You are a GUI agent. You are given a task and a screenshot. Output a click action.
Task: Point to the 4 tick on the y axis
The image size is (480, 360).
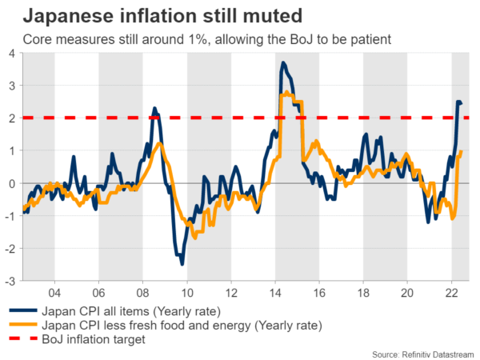click(10, 53)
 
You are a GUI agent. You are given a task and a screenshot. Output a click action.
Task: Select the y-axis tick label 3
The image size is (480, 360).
click(10, 86)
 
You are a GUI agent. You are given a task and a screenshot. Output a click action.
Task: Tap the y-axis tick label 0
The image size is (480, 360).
click(10, 183)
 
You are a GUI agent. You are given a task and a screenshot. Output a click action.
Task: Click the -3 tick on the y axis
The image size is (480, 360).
click(9, 282)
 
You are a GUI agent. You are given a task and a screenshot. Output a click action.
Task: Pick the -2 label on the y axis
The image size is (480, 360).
click(9, 249)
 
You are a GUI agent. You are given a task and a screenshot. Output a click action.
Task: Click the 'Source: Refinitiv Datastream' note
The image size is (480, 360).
click(422, 352)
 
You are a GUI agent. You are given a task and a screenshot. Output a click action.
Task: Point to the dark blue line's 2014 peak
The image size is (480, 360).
click(283, 62)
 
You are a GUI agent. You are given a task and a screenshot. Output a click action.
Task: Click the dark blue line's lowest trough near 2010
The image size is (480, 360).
click(182, 263)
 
